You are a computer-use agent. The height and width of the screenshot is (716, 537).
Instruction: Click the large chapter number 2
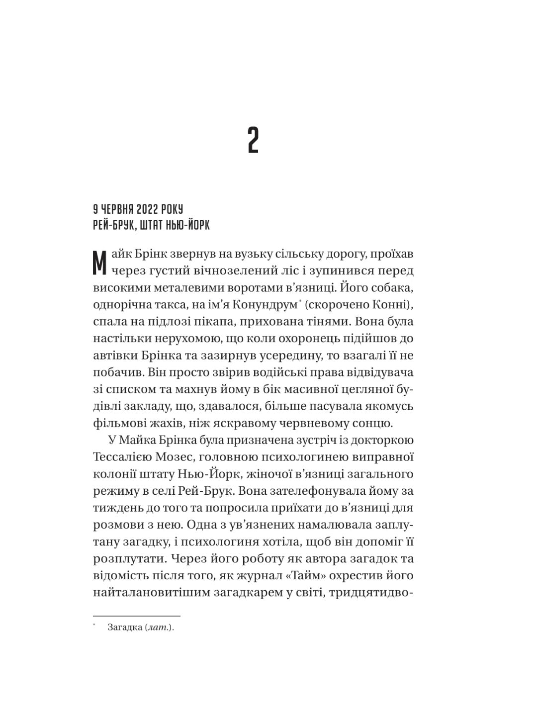tap(253, 141)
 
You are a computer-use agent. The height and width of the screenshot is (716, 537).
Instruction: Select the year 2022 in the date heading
tap(143, 209)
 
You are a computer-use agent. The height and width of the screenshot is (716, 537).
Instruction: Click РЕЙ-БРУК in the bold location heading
tap(112, 225)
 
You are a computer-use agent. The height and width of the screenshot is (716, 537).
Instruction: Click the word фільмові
tap(117, 424)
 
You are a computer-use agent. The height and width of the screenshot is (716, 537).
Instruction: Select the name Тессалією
tap(130, 457)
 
